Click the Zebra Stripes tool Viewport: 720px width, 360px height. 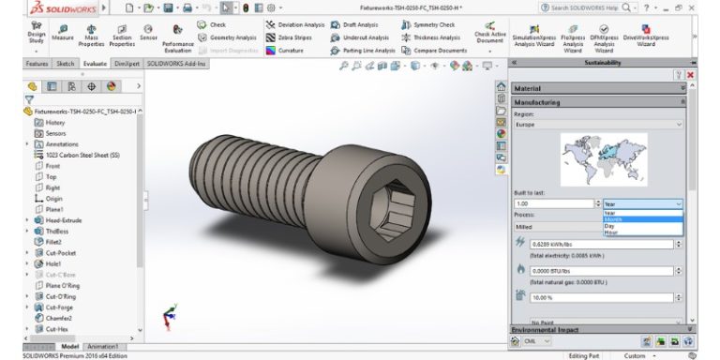coord(294,37)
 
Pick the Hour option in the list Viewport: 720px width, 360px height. coord(611,232)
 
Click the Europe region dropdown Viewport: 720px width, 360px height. coord(598,123)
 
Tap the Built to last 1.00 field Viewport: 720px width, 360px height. coord(553,202)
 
